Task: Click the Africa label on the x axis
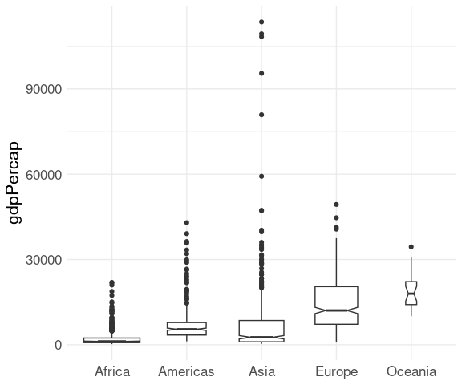pyautogui.click(x=112, y=371)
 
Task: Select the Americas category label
pyautogui.click(x=186, y=371)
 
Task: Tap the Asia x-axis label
pyautogui.click(x=261, y=371)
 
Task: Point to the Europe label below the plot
pyautogui.click(x=337, y=372)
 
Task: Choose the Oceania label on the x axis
pyautogui.click(x=411, y=371)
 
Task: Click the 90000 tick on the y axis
pyautogui.click(x=44, y=89)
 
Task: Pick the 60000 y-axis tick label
pyautogui.click(x=44, y=175)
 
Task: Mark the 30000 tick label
pyautogui.click(x=44, y=260)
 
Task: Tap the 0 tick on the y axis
pyautogui.click(x=59, y=345)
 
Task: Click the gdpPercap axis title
pyautogui.click(x=14, y=183)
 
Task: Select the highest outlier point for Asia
pyautogui.click(x=261, y=22)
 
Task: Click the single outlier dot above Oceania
pyautogui.click(x=411, y=247)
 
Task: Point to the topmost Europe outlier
pyautogui.click(x=337, y=205)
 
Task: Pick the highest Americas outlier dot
pyautogui.click(x=187, y=223)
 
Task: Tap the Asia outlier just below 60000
pyautogui.click(x=261, y=176)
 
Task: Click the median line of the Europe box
pyautogui.click(x=337, y=310)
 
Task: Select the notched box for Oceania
pyautogui.click(x=411, y=293)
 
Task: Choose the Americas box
pyautogui.click(x=187, y=329)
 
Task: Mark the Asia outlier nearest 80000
pyautogui.click(x=261, y=115)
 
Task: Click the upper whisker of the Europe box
pyautogui.click(x=337, y=262)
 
